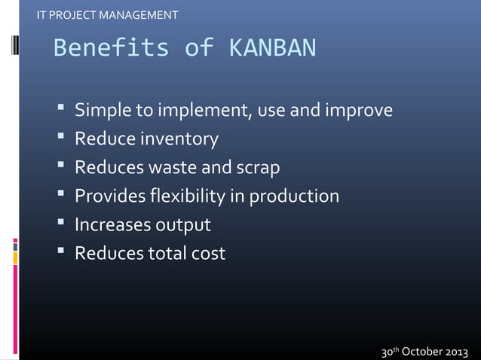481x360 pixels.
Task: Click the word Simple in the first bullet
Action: coord(103,111)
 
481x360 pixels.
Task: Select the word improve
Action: coord(358,111)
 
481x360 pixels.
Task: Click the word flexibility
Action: coord(188,197)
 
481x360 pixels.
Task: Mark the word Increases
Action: coord(112,225)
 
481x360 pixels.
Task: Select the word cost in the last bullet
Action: coord(207,254)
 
